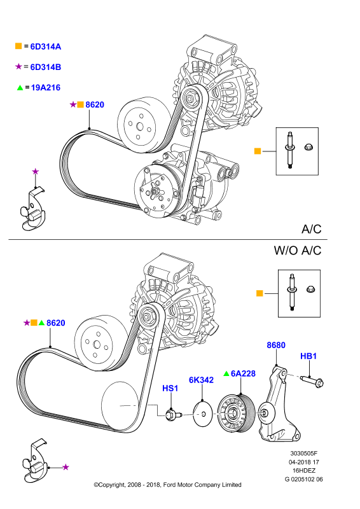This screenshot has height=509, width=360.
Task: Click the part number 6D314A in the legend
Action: (x=45, y=46)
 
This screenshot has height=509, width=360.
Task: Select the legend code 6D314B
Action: (x=45, y=67)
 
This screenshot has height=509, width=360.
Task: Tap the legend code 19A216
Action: (x=46, y=88)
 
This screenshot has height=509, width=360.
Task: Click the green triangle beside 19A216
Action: (x=20, y=88)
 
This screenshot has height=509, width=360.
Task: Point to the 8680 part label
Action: (x=276, y=345)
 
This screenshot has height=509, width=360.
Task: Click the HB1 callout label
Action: (x=308, y=356)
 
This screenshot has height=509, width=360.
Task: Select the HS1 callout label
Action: (x=170, y=388)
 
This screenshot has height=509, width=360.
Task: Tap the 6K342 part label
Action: (x=201, y=380)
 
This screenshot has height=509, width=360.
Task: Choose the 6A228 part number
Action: (x=243, y=373)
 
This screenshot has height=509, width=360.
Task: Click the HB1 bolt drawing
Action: (x=312, y=381)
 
